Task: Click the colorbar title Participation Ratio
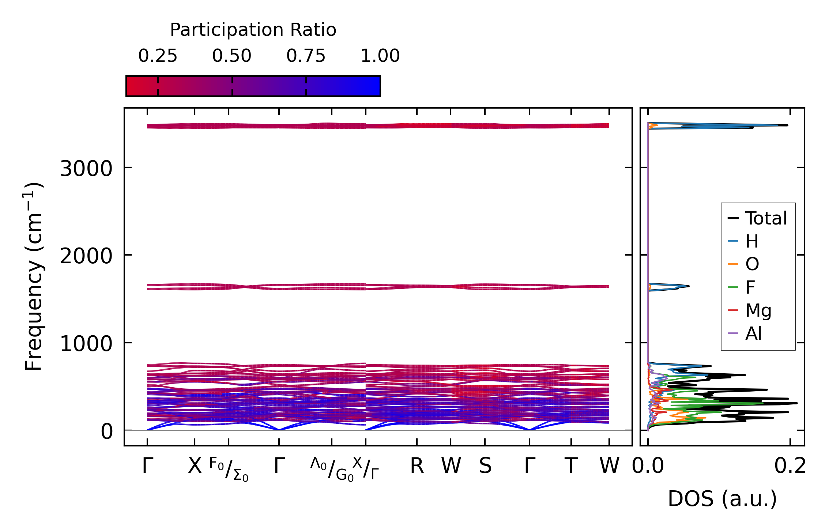(253, 30)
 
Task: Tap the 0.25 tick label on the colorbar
(158, 56)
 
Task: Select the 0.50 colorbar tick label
(232, 56)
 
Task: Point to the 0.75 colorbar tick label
(306, 56)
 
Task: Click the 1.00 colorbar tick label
(380, 56)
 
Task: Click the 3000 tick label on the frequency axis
(86, 169)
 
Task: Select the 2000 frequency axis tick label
(86, 256)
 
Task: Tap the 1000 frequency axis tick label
(86, 344)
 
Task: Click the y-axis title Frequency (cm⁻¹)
(34, 276)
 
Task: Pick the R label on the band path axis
(417, 466)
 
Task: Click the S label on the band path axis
(485, 466)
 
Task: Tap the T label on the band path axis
(571, 466)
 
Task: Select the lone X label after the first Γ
(195, 466)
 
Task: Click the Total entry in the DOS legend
(766, 218)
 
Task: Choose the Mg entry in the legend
(758, 310)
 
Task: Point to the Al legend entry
(754, 333)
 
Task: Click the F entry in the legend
(750, 287)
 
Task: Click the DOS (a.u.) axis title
(722, 499)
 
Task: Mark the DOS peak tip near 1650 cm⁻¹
(689, 286)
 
